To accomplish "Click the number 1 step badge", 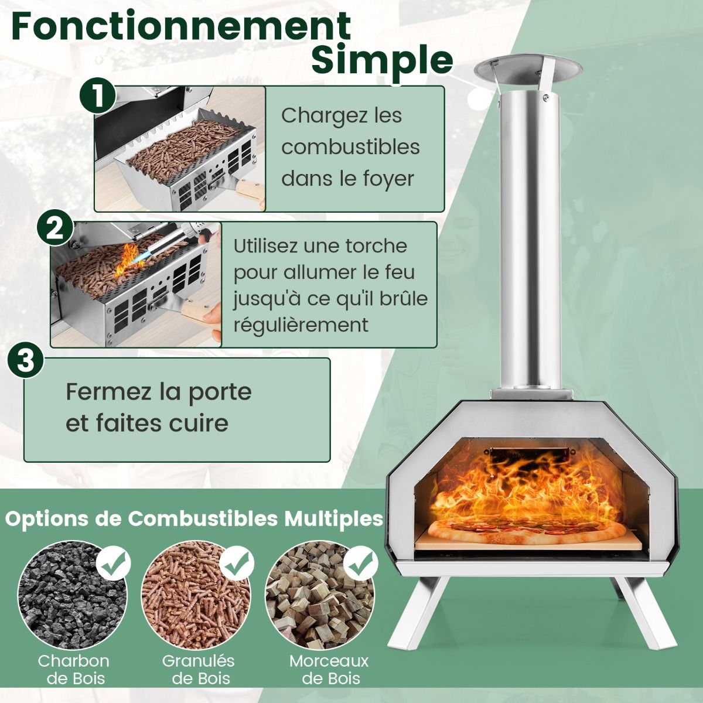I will tap(97, 94).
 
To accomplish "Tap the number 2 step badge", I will tap(55, 228).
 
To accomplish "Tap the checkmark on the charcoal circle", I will tap(114, 562).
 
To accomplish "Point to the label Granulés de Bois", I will tap(198, 670).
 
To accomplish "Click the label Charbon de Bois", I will tap(74, 670).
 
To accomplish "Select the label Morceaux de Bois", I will tap(329, 670).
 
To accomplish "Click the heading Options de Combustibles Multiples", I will tap(194, 518).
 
